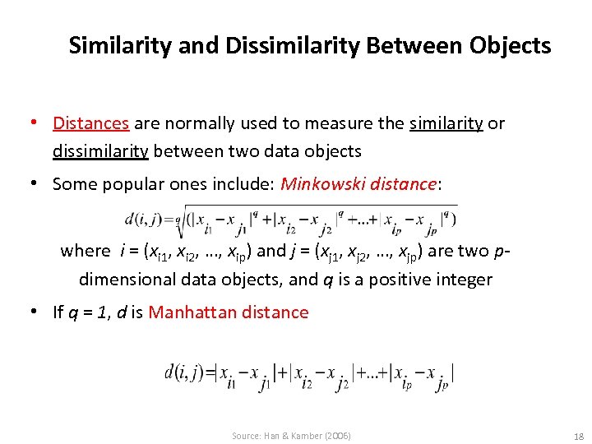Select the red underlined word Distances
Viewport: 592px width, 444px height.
[x=90, y=123]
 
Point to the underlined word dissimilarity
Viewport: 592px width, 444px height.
[x=100, y=151]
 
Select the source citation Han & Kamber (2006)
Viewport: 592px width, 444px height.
[x=291, y=435]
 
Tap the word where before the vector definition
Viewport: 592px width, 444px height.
[x=85, y=251]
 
